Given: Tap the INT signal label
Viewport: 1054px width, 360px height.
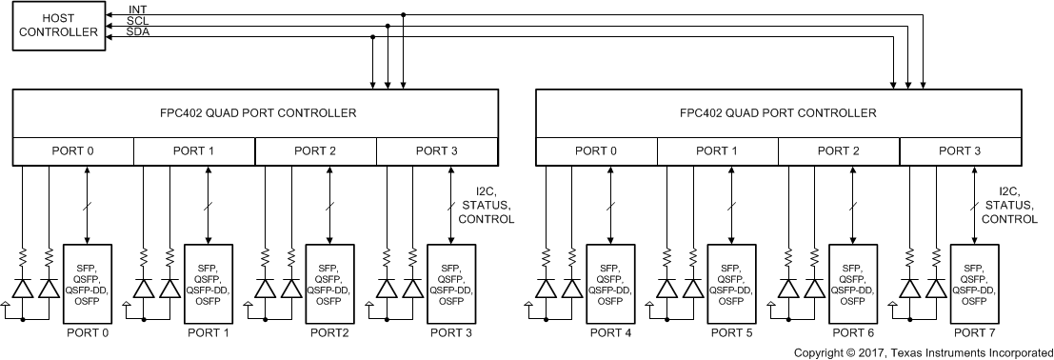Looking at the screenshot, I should click(138, 10).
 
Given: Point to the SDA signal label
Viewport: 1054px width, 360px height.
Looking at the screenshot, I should click(139, 31).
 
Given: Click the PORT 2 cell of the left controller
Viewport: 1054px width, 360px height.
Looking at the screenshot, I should click(315, 150).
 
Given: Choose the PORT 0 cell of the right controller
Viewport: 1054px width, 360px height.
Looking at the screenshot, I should click(596, 150).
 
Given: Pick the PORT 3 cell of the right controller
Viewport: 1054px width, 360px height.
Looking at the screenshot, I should click(960, 150).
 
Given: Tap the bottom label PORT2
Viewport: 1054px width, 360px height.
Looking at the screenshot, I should click(328, 333).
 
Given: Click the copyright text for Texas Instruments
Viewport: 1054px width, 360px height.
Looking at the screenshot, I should click(922, 352).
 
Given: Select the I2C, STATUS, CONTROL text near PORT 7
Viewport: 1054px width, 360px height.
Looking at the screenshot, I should click(1008, 205).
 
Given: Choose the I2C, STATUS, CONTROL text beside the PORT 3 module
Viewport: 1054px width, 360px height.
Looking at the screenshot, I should click(486, 205).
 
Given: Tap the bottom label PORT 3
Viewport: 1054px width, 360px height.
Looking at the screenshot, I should click(450, 333).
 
